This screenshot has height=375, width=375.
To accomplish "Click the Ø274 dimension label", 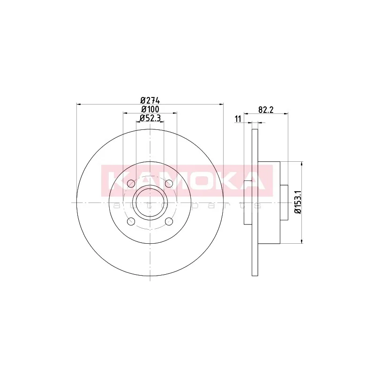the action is point(150,100).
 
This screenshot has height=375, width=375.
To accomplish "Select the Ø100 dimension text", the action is point(150,109).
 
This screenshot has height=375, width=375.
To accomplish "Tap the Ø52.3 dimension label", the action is point(150,118).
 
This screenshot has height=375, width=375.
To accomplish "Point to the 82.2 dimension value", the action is point(266,110).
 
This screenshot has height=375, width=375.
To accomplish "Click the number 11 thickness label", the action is point(238,119).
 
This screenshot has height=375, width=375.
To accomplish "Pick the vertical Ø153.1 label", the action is point(298,202).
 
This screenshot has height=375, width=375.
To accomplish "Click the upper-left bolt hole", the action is point(131,184).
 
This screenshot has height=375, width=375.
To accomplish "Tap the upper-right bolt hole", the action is point(169,184).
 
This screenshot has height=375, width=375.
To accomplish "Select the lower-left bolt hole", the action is point(131,221).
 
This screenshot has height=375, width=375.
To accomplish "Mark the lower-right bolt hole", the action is point(169,221).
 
